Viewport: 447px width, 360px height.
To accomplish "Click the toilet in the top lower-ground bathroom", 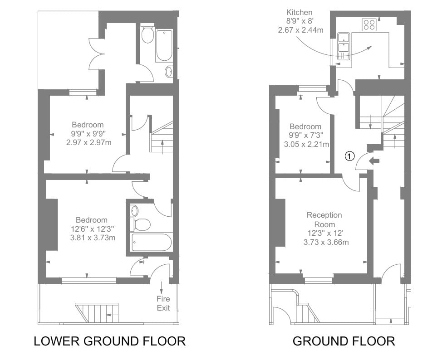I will pyautogui.click(x=147, y=34).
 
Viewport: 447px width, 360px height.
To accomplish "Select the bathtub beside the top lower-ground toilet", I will pyautogui.click(x=164, y=45).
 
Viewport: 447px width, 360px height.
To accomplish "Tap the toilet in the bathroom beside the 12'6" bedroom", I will pyautogui.click(x=142, y=224).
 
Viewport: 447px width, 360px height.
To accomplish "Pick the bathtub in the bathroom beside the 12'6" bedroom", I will pyautogui.click(x=152, y=242).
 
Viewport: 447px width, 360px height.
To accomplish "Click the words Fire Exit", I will pyautogui.click(x=163, y=303).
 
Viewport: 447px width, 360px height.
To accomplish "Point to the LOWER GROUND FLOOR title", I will pyautogui.click(x=109, y=341).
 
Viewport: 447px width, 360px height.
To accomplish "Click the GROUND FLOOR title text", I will pyautogui.click(x=344, y=341).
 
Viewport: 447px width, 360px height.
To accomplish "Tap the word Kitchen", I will pyautogui.click(x=299, y=12).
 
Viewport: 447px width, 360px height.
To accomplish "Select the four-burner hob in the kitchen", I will pyautogui.click(x=368, y=24).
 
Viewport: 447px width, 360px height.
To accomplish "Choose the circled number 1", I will pyautogui.click(x=349, y=156).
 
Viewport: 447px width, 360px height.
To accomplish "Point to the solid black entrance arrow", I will pyautogui.click(x=375, y=160).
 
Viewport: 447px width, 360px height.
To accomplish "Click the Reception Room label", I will pyautogui.click(x=324, y=219).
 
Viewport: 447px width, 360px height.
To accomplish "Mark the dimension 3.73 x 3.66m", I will pyautogui.click(x=326, y=242).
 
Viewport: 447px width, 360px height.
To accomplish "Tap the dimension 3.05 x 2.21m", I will pyautogui.click(x=306, y=145).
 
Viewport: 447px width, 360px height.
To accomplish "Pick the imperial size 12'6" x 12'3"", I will pyautogui.click(x=92, y=229).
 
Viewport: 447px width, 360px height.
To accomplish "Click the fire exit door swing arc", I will pyautogui.click(x=159, y=272).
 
